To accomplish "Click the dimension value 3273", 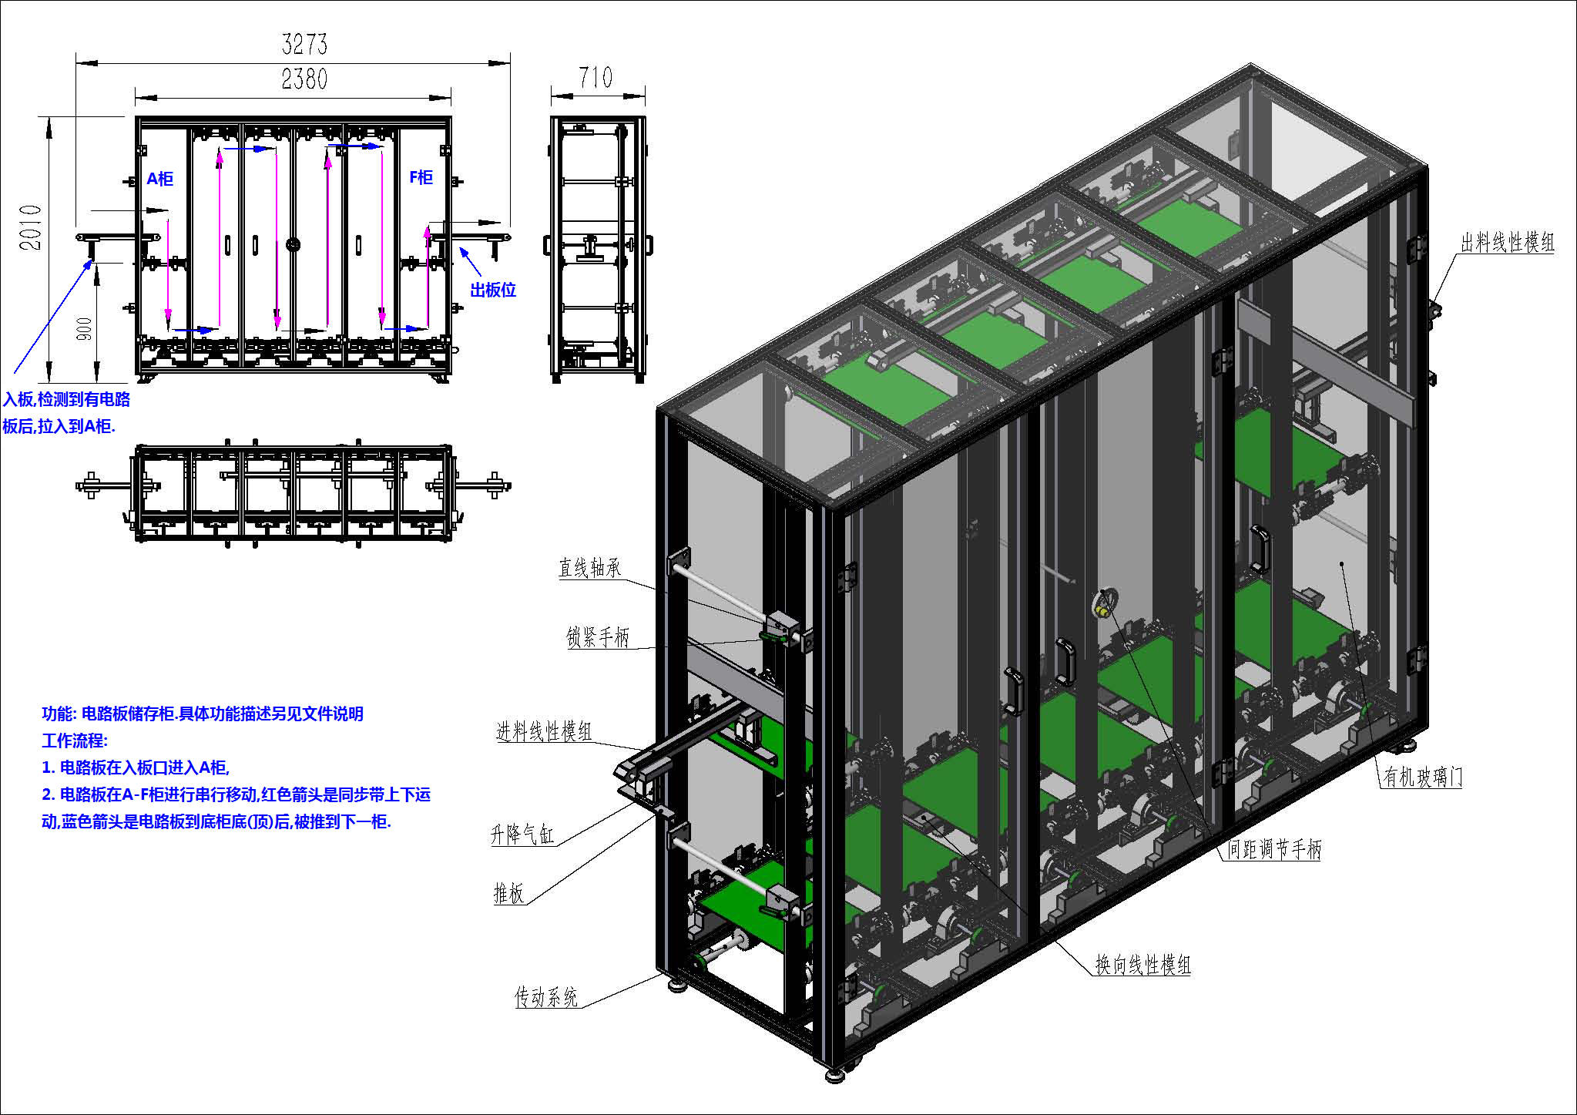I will [x=304, y=44].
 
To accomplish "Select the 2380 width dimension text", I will [x=304, y=79].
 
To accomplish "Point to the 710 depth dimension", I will [x=596, y=77].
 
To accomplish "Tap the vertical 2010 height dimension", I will [x=30, y=227].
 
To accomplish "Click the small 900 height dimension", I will [x=85, y=328].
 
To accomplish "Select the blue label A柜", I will [x=160, y=179].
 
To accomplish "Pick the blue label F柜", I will [x=421, y=177].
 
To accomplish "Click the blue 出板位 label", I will [x=493, y=291].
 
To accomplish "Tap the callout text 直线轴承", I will [x=589, y=568].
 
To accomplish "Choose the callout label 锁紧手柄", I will [x=598, y=637].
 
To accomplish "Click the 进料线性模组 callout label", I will [x=544, y=731].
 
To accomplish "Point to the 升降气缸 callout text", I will [x=522, y=834].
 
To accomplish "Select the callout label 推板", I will [x=508, y=893].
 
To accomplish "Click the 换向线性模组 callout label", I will [x=1143, y=965].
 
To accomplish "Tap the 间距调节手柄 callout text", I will [x=1274, y=849].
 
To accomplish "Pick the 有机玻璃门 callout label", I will [x=1422, y=777].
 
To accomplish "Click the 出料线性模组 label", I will [x=1508, y=243].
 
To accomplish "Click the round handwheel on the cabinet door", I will [x=1106, y=603].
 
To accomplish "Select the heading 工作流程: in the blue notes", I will [x=75, y=741].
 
